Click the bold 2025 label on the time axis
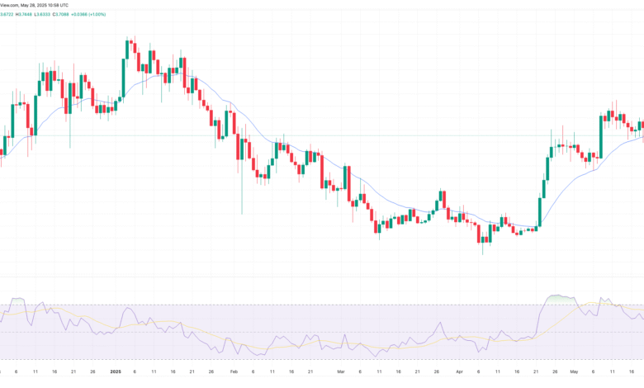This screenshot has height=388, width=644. point(116,373)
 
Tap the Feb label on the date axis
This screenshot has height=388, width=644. point(235,373)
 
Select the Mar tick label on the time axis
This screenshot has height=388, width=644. point(340,373)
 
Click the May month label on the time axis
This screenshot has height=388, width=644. point(569,373)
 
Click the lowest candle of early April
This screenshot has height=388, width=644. point(482,237)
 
